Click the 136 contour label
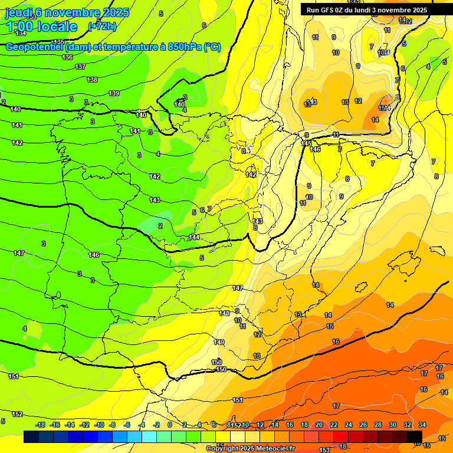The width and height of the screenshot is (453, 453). click(x=67, y=57)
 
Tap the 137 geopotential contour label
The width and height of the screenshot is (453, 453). click(x=80, y=67)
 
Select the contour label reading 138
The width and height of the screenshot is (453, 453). click(x=92, y=80)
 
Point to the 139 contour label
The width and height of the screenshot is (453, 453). click(x=114, y=93)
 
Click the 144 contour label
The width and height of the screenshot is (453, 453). click(x=194, y=237)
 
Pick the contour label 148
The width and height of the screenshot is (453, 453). click(x=224, y=313)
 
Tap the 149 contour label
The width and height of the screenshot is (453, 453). click(x=219, y=342)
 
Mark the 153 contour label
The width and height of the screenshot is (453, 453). click(x=324, y=434)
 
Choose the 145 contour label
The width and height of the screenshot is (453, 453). click(x=306, y=143)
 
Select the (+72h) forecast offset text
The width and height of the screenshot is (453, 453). click(x=102, y=26)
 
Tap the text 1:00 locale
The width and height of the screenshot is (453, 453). click(x=41, y=27)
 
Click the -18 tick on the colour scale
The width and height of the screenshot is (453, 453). click(x=41, y=425)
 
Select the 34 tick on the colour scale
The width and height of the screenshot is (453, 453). click(x=422, y=425)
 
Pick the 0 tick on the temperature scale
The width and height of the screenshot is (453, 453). click(x=170, y=425)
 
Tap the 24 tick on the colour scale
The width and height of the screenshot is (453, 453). click(x=349, y=425)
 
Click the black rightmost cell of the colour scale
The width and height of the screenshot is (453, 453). click(x=415, y=437)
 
